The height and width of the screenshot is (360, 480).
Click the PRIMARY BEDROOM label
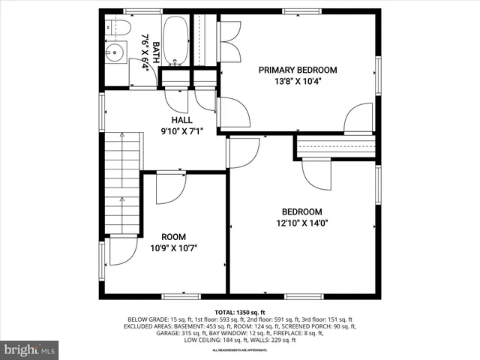click(x=298, y=70)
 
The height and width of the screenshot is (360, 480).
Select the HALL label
click(x=181, y=120)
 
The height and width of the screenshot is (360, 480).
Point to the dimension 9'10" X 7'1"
click(x=181, y=132)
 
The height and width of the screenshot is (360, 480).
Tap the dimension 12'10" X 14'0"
click(x=302, y=223)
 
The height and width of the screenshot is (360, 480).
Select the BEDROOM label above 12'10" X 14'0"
click(x=302, y=211)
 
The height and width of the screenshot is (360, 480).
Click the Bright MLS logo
click(x=30, y=349)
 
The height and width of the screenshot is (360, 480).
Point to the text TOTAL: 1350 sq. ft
click(x=240, y=312)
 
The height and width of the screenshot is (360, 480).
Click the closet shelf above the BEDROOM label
click(x=335, y=148)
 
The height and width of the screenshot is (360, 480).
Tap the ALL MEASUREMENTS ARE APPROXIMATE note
click(x=240, y=350)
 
